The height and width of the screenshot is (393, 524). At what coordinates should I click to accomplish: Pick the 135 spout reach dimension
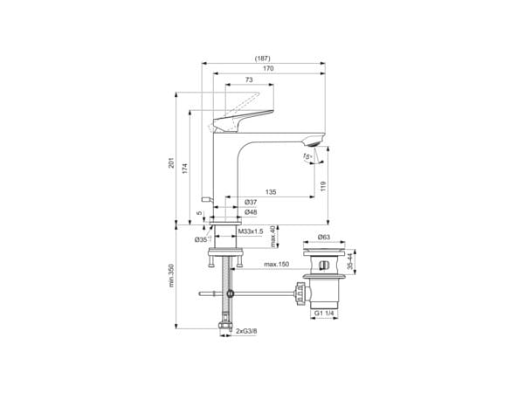click(x=272, y=192)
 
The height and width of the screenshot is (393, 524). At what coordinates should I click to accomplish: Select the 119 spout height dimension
click(x=323, y=185)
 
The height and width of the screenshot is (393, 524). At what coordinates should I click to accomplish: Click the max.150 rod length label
click(x=276, y=264)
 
